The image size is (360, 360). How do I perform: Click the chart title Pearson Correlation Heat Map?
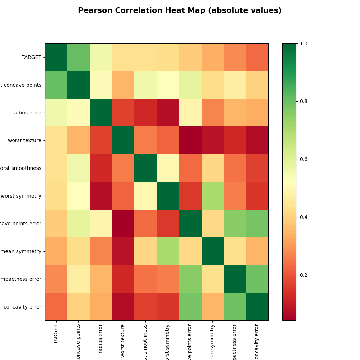click(180, 11)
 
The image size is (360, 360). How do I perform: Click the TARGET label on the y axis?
click(31, 57)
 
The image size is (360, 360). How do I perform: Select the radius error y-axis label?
click(27, 113)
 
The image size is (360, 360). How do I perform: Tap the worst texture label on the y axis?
click(24, 140)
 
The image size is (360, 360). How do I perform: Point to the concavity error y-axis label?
click(22, 307)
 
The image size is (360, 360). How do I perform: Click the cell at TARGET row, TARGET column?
click(56, 57)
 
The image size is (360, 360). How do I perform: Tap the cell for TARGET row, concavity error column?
click(257, 57)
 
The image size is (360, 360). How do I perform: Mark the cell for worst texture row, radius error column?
click(101, 140)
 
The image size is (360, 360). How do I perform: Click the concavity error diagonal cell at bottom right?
click(257, 307)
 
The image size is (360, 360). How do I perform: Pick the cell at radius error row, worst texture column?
click(123, 113)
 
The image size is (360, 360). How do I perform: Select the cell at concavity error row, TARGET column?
click(56, 307)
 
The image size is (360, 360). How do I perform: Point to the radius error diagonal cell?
click(101, 113)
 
